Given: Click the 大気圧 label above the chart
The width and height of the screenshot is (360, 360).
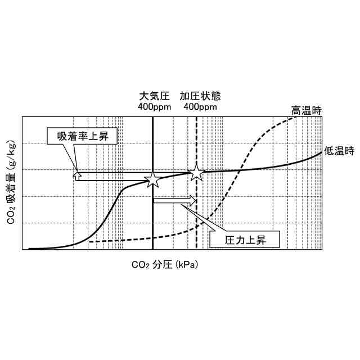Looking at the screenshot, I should click(153, 96).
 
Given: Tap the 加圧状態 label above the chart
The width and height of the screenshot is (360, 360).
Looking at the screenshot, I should click(198, 96).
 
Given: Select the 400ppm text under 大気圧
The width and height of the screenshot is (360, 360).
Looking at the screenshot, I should click(153, 107).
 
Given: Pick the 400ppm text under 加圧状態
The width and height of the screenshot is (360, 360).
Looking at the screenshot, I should click(198, 107).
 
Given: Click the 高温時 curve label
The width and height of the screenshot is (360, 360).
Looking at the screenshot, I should click(306, 110).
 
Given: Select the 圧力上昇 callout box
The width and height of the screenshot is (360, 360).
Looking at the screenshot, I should click(245, 240).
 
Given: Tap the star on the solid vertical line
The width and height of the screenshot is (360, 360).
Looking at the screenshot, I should click(152, 179).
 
